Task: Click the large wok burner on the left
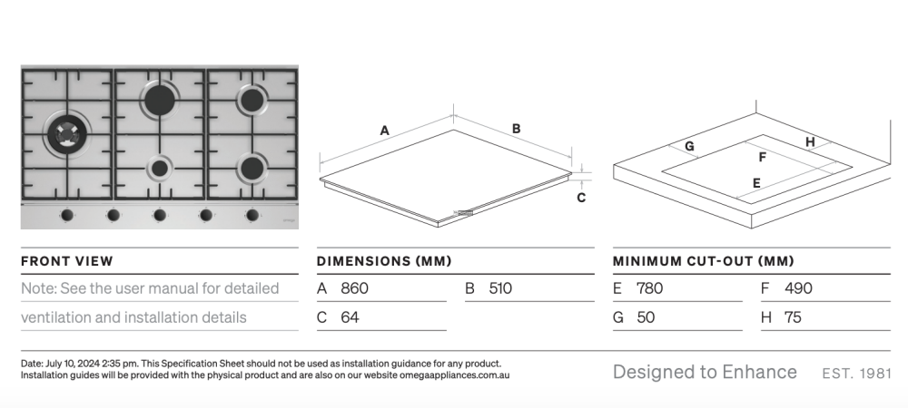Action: pyautogui.click(x=67, y=134)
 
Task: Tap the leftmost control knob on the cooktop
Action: pyautogui.click(x=66, y=215)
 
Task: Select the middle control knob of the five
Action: pyautogui.click(x=159, y=215)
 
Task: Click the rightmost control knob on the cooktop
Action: pyautogui.click(x=252, y=215)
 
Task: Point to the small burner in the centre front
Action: pyautogui.click(x=159, y=168)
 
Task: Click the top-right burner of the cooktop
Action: pyautogui.click(x=252, y=100)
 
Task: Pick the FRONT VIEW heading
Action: pyautogui.click(x=67, y=261)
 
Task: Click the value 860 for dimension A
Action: pyautogui.click(x=354, y=287)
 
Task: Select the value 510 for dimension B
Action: pyautogui.click(x=500, y=287)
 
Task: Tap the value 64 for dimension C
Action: pyautogui.click(x=350, y=317)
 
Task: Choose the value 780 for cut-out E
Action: pyautogui.click(x=650, y=287)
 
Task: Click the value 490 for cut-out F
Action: pyautogui.click(x=798, y=287)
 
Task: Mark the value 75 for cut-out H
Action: pyautogui.click(x=793, y=317)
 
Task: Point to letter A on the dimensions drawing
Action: pyautogui.click(x=384, y=131)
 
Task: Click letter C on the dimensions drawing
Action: pyautogui.click(x=581, y=198)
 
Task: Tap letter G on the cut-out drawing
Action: pyautogui.click(x=689, y=147)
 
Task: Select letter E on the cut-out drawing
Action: pyautogui.click(x=756, y=183)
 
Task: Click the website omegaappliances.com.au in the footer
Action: pyautogui.click(x=455, y=375)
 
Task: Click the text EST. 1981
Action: pyautogui.click(x=856, y=374)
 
